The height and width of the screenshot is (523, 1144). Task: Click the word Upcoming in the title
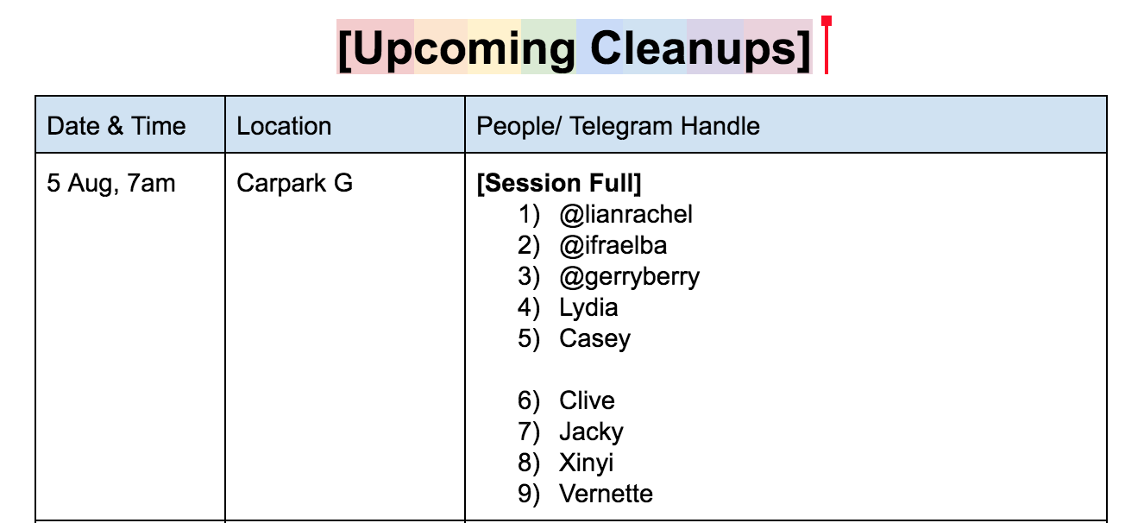(x=464, y=49)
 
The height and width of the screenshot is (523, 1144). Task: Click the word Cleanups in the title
(x=693, y=49)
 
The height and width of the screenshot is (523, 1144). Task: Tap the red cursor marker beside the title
(x=827, y=45)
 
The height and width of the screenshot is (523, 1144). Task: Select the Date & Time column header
(x=116, y=126)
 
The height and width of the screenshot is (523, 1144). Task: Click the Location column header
(x=284, y=126)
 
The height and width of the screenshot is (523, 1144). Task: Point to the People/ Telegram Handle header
(x=618, y=126)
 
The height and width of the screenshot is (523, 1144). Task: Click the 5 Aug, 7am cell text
(x=111, y=183)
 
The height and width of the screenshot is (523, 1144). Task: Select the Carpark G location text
(x=295, y=183)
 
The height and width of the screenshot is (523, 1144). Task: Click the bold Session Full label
(x=559, y=183)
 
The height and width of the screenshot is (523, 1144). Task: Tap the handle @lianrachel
(x=626, y=215)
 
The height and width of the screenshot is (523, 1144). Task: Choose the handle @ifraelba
(x=613, y=246)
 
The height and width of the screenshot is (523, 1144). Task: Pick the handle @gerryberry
(x=630, y=277)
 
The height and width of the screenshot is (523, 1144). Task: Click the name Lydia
(x=588, y=308)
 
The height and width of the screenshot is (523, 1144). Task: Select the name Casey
(x=595, y=339)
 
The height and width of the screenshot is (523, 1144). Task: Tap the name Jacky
(x=591, y=432)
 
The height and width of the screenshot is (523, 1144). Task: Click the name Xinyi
(x=587, y=463)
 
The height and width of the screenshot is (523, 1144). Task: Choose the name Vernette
(x=607, y=494)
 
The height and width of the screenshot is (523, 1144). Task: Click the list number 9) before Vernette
(x=529, y=495)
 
